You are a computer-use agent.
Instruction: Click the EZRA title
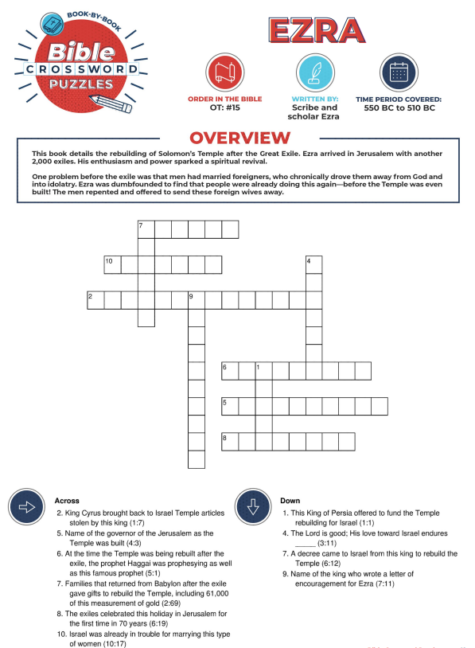(x=317, y=30)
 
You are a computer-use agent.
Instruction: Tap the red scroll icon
(x=225, y=72)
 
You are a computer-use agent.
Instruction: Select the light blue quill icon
(x=315, y=72)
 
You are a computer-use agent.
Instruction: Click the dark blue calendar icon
(x=399, y=72)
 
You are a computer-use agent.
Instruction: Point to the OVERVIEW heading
(x=240, y=138)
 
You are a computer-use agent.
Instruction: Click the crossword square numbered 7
(x=146, y=230)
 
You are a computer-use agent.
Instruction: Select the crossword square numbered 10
(x=113, y=265)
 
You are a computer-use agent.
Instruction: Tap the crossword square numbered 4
(x=314, y=265)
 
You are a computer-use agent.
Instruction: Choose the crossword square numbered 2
(x=95, y=300)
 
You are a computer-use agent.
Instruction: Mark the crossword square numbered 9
(x=197, y=300)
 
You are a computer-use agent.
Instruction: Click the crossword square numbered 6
(x=230, y=371)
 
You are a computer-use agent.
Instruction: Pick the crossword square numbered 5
(x=230, y=406)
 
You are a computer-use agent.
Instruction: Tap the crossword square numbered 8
(x=230, y=442)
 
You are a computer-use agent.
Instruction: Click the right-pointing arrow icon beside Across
(x=27, y=507)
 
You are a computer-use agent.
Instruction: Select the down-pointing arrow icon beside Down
(x=253, y=507)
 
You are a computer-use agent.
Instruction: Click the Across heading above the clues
(x=67, y=501)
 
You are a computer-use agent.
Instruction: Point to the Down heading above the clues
(x=290, y=501)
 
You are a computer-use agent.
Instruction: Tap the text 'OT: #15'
(x=224, y=107)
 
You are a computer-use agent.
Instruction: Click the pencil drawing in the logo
(x=111, y=103)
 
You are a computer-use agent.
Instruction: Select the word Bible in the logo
(x=81, y=52)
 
